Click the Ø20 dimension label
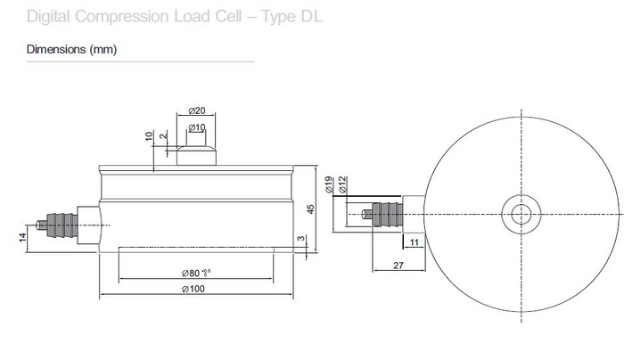(197, 110)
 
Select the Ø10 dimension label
(197, 127)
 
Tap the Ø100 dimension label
(193, 289)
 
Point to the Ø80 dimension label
(196, 273)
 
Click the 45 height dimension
(310, 209)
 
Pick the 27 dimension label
(398, 266)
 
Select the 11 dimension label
(415, 242)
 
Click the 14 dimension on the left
(22, 238)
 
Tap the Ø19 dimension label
(329, 184)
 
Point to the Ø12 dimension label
(342, 184)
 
